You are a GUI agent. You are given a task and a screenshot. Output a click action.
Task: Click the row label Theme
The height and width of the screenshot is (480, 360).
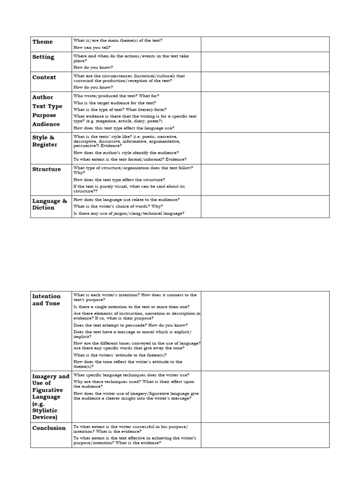42,42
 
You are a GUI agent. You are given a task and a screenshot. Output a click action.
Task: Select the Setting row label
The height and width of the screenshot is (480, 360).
43,57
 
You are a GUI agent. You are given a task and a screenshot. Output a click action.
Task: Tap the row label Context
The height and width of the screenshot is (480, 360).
44,77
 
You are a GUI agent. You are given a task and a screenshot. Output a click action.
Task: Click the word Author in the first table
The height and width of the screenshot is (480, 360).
43,97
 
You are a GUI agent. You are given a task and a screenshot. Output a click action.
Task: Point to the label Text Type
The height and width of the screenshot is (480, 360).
47,106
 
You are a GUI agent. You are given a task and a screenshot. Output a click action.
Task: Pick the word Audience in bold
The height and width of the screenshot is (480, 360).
46,124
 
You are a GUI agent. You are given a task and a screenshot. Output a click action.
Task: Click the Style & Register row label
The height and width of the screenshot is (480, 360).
45,141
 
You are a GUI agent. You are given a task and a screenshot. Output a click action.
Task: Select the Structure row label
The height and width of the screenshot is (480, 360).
46,169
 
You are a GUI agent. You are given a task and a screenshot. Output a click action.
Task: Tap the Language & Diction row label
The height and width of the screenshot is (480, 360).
49,204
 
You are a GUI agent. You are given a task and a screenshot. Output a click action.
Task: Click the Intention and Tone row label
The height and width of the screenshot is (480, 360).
46,300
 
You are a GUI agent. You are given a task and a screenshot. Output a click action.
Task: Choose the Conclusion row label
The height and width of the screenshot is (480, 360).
49,428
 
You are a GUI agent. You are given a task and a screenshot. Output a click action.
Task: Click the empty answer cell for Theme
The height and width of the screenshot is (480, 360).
265,44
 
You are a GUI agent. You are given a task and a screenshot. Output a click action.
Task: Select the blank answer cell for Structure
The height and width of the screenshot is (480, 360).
265,180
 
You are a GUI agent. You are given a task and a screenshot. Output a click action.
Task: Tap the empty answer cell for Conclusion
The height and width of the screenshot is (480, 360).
265,435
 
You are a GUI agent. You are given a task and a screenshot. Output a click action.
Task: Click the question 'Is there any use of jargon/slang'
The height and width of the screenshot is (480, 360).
129,213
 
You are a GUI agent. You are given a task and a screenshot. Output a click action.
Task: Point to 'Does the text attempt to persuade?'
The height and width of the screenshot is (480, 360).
131,325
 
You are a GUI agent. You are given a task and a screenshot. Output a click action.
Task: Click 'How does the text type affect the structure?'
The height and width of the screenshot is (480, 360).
119,180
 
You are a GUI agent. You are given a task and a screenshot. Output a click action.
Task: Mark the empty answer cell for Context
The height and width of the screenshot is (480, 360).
265,81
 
